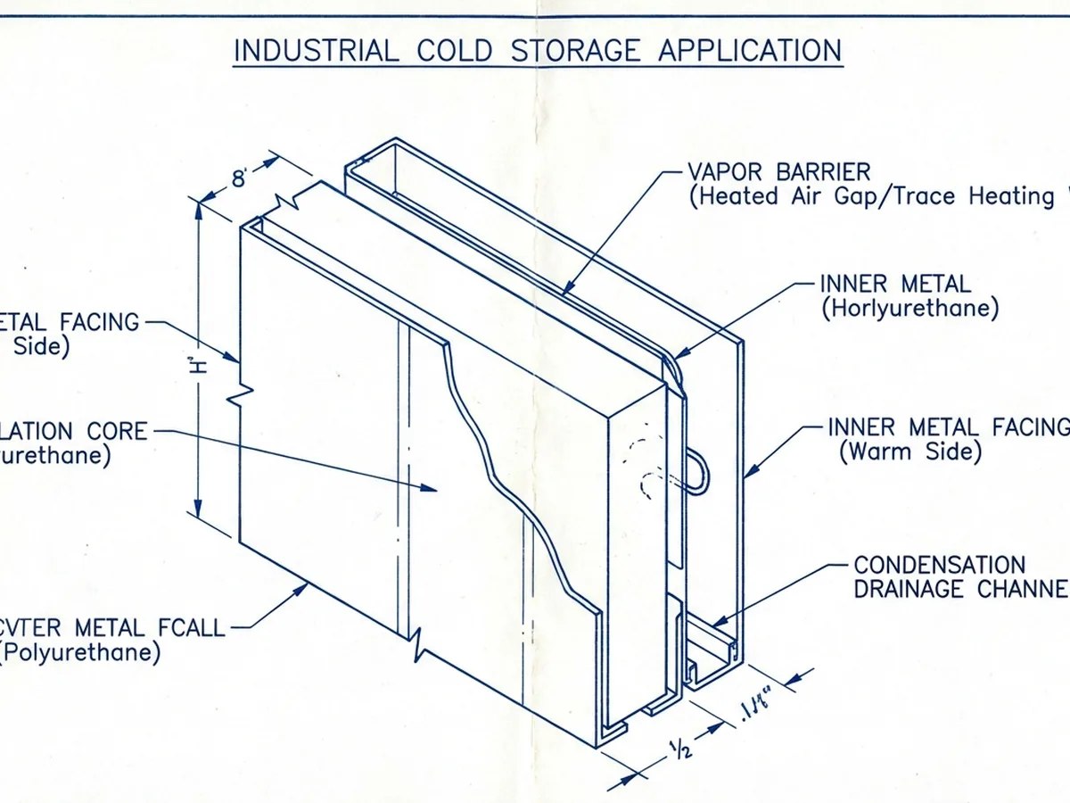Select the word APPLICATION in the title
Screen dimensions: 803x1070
pyautogui.click(x=750, y=50)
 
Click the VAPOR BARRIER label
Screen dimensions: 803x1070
pyautogui.click(x=778, y=171)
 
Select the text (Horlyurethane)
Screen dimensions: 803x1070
pyautogui.click(x=909, y=309)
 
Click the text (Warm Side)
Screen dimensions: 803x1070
pyautogui.click(x=909, y=451)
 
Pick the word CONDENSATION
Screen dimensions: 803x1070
pyautogui.click(x=940, y=566)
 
